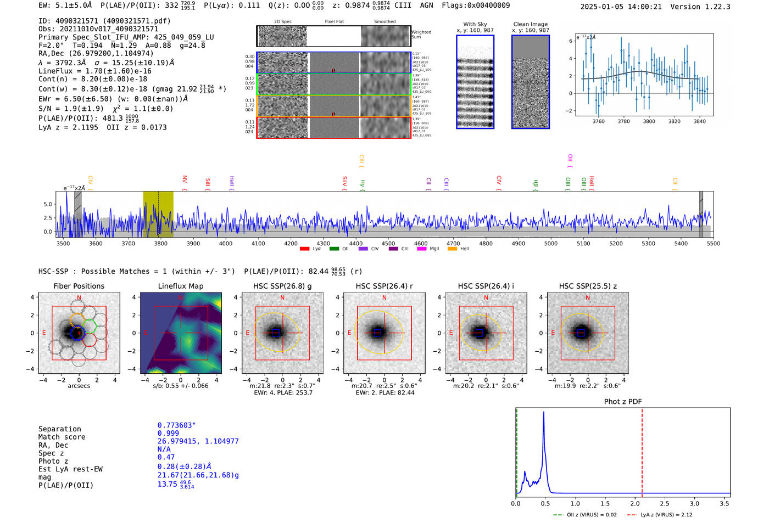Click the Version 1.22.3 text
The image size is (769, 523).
705,7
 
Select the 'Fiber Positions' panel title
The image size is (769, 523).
79,286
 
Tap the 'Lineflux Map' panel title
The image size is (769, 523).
180,286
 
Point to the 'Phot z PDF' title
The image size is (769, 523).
623,401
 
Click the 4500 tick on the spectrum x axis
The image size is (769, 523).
388,243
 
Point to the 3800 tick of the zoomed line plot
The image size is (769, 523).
649,121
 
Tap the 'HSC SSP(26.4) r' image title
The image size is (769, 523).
384,286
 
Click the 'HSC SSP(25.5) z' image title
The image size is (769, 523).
588,286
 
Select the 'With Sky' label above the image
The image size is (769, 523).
475,24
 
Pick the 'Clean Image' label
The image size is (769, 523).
530,24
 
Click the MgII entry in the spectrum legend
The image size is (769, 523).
434,249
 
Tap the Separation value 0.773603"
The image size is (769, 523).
176,425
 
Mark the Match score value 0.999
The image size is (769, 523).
168,434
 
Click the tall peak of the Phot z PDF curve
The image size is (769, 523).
544,413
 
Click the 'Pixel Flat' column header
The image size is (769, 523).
334,22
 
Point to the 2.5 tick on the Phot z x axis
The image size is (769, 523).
665,503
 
